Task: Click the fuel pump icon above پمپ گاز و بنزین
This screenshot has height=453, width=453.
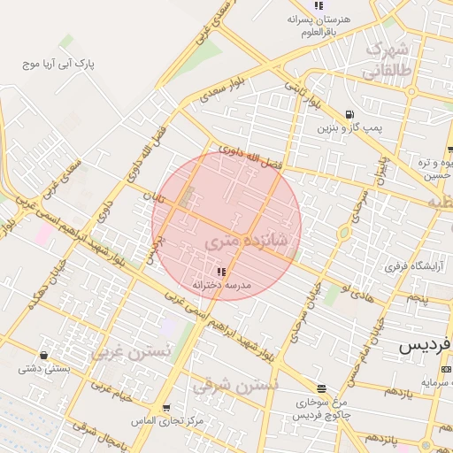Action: [x=350, y=113]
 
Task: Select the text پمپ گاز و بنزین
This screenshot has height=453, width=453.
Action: [x=351, y=128]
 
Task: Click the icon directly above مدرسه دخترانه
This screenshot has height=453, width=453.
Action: [x=221, y=271]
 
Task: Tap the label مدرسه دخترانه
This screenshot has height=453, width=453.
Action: [x=222, y=285]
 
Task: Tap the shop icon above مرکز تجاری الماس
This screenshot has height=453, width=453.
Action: [x=165, y=407]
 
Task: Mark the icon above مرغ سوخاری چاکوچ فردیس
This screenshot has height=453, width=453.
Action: [x=321, y=388]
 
